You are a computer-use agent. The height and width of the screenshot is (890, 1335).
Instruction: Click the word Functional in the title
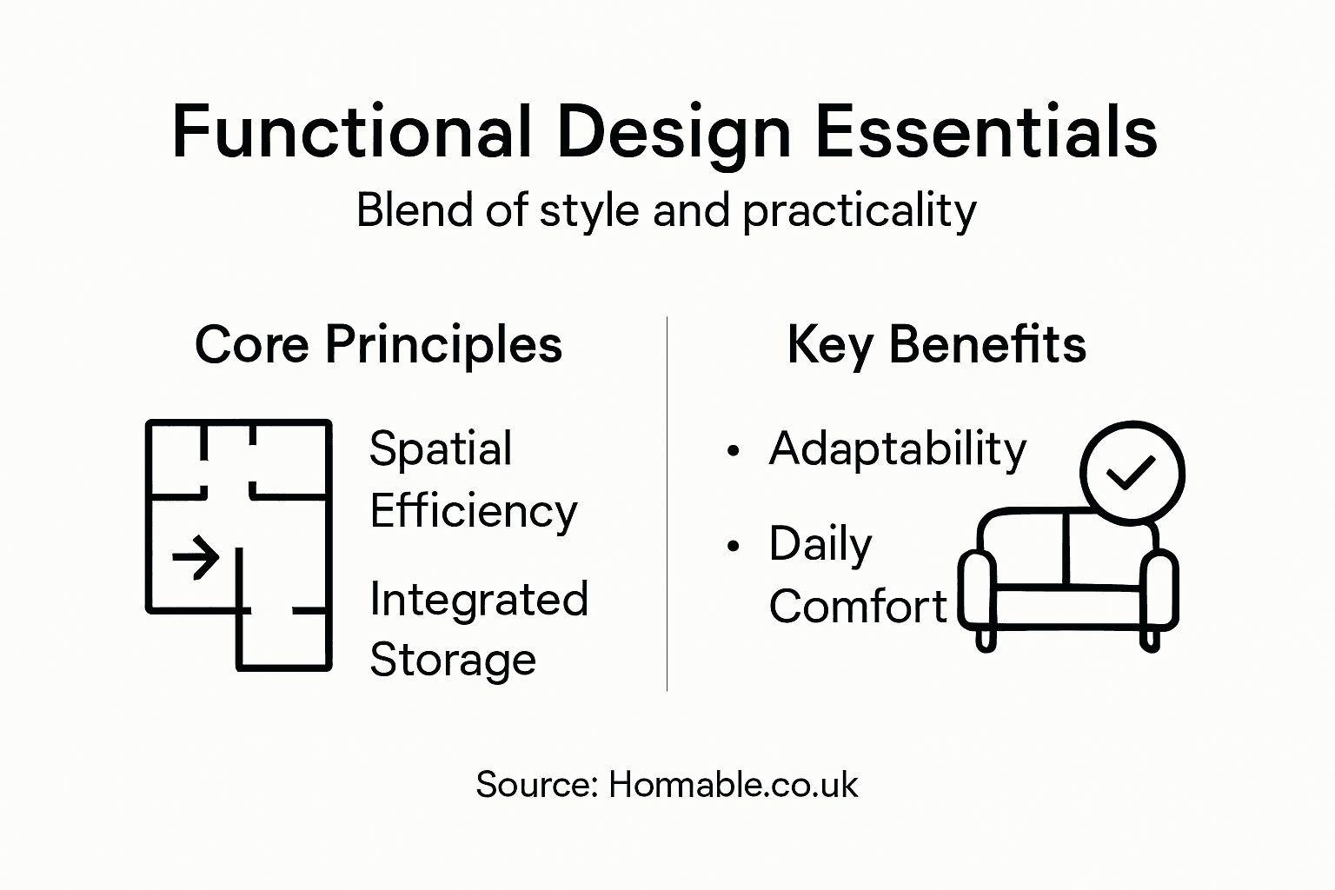[x=351, y=132]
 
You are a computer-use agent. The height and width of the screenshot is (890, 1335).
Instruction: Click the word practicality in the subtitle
[x=859, y=211]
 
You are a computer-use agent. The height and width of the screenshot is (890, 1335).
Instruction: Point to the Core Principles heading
[x=378, y=344]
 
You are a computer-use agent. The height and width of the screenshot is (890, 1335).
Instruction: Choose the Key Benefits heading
[x=936, y=344]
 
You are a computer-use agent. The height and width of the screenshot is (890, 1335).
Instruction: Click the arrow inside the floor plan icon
[x=196, y=556]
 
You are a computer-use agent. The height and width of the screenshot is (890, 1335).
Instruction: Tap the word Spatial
[x=440, y=449]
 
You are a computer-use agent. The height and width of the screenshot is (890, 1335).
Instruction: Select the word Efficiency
[x=473, y=511]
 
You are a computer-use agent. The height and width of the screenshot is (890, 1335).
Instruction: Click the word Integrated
[x=479, y=600]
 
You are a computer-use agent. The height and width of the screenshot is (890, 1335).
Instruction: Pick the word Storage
[x=452, y=660]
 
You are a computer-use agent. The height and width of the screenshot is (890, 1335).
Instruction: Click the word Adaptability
[x=897, y=449]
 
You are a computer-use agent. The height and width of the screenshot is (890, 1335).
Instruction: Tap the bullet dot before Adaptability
[x=734, y=451]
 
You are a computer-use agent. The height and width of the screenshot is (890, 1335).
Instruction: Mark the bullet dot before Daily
[x=734, y=546]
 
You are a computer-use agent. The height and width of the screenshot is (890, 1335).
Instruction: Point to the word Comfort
[x=857, y=607]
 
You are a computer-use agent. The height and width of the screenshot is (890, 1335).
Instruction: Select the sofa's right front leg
[x=1149, y=640]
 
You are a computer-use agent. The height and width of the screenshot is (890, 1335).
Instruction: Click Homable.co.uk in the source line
[x=733, y=785]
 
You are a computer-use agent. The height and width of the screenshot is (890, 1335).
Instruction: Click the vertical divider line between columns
[x=667, y=504]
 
